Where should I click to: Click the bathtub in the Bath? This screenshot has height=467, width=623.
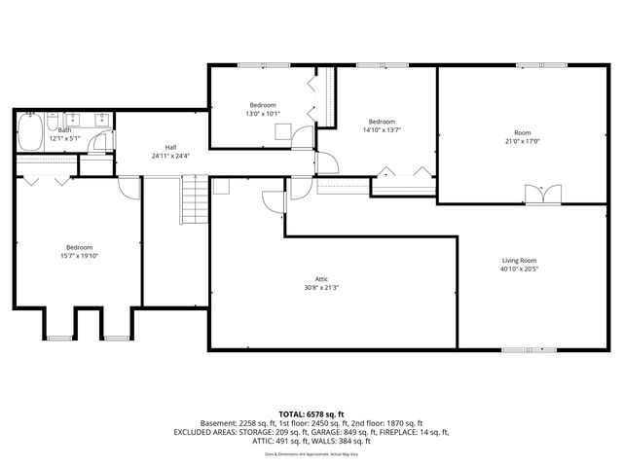29,132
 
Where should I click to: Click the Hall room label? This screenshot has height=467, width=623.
170,147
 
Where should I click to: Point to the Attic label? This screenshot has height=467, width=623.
320,278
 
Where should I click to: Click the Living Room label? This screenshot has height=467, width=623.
519,261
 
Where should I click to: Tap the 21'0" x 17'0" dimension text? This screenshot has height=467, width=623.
523,140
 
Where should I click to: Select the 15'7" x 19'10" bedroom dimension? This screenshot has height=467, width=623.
79,256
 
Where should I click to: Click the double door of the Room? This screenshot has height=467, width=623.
540,195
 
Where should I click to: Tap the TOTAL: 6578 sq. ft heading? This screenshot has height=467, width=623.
311,413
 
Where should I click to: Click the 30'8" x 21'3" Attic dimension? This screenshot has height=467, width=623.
320,287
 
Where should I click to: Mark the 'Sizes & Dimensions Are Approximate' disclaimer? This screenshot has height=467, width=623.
311,453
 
